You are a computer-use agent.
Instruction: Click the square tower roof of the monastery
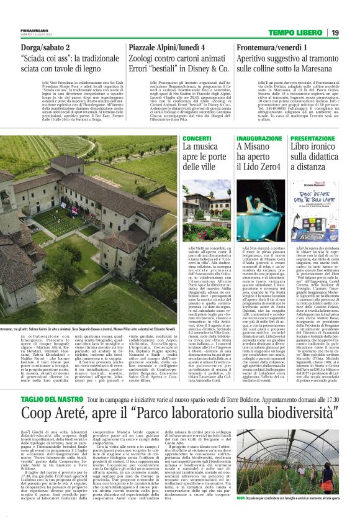pyautogui.click(x=68, y=162)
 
